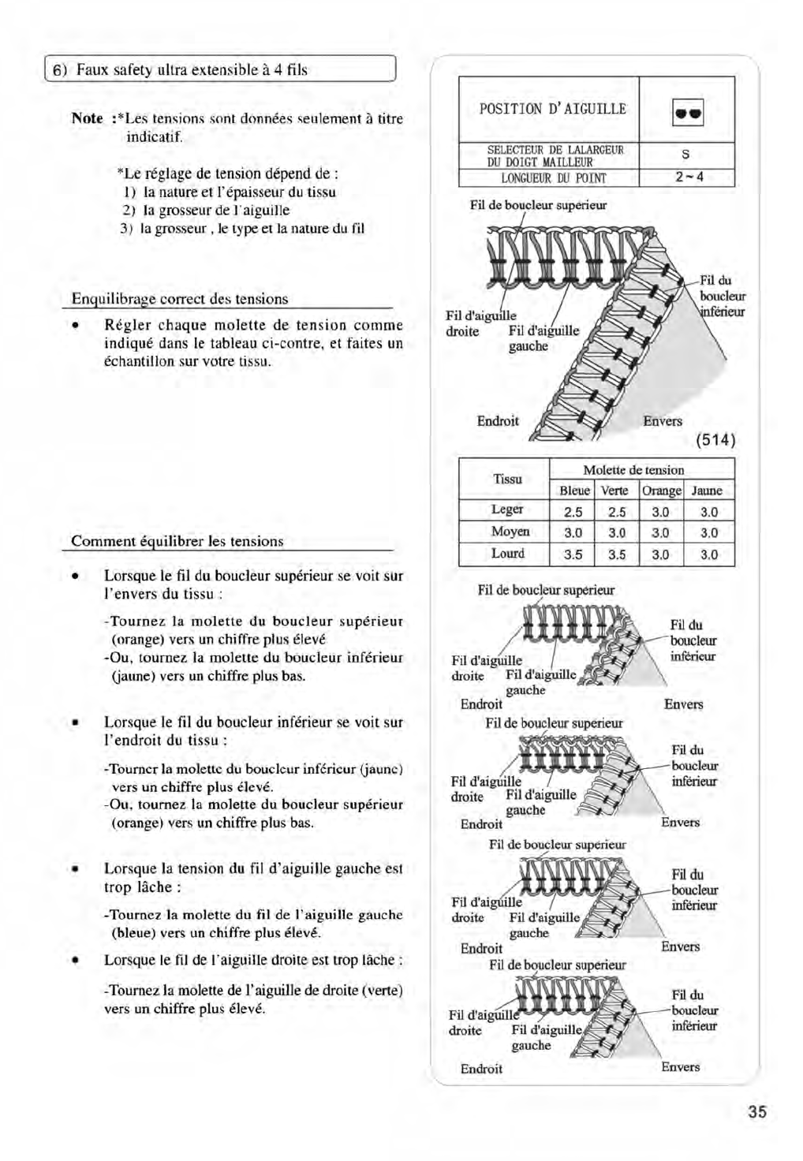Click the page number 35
[x=756, y=1112]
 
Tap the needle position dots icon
[x=686, y=111]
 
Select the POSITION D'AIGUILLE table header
[x=552, y=109]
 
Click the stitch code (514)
[x=715, y=439]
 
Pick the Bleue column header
[x=573, y=491]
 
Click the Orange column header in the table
[x=661, y=491]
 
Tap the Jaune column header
[x=707, y=491]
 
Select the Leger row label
[x=507, y=510]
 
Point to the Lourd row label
[x=507, y=554]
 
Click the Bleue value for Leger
[x=573, y=512]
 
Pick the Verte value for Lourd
[x=617, y=555]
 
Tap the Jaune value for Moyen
[x=708, y=533]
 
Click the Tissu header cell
[x=507, y=479]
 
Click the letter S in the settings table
[x=686, y=155]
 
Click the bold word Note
[x=87, y=118]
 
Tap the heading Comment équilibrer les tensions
[x=177, y=541]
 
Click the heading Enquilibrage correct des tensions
[x=180, y=299]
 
